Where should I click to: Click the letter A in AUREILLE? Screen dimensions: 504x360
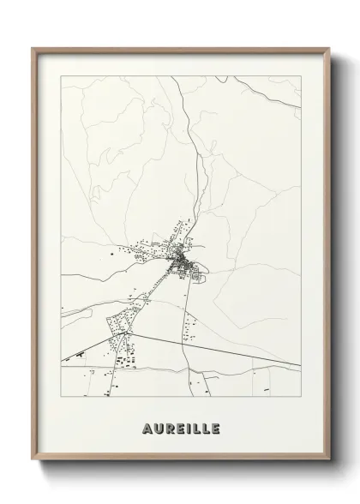click(138, 428)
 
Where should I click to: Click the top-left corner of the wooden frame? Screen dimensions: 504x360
click(33, 49)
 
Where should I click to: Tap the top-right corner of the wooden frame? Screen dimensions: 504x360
click(328, 49)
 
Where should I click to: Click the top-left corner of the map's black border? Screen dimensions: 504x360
click(60, 76)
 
